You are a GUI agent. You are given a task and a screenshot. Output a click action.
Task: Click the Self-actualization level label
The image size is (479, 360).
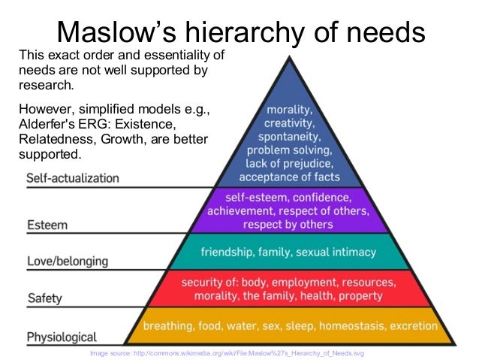[73, 178]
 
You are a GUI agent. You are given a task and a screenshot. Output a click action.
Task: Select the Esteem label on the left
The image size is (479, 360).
[47, 224]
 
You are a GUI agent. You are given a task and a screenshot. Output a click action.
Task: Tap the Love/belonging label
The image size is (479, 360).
[67, 261]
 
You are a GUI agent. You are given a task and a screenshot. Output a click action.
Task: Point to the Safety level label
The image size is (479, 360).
[44, 298]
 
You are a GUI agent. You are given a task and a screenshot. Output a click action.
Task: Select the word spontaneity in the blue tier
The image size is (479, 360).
[289, 137]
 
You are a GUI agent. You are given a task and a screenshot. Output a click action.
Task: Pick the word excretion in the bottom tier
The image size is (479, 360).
[408, 326]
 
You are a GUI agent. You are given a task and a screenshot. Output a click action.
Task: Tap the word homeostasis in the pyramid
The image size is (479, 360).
[339, 326]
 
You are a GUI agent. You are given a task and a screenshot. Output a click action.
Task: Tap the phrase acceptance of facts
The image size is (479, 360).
[289, 177]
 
